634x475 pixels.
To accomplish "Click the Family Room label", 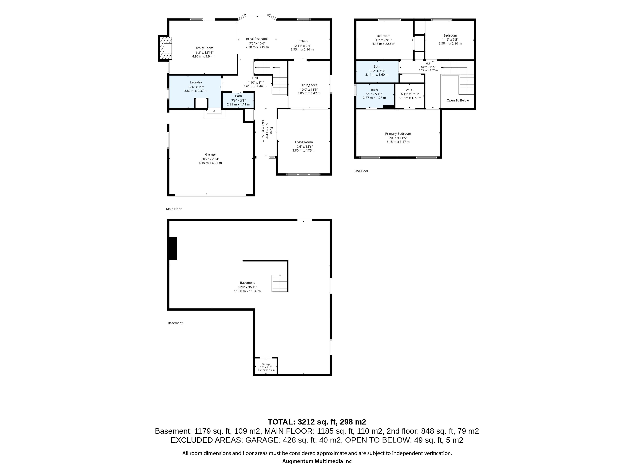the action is click(x=204, y=48).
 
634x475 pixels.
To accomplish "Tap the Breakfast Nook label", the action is click(x=257, y=39).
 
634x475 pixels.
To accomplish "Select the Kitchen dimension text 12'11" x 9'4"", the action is click(x=302, y=46).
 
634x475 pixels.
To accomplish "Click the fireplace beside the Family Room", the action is click(x=165, y=48).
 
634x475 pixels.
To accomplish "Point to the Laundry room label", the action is click(x=196, y=82).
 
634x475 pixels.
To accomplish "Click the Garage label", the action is click(x=210, y=155).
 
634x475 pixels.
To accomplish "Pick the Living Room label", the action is click(x=304, y=142).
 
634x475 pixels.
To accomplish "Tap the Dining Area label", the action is click(x=309, y=85).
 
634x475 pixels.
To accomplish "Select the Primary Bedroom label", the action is click(x=398, y=134).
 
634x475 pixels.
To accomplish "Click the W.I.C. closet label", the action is click(x=410, y=90).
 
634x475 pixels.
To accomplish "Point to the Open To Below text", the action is click(x=458, y=100).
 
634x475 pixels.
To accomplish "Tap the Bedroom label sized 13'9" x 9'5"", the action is click(x=384, y=36).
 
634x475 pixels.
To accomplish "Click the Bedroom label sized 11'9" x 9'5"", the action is click(x=450, y=35).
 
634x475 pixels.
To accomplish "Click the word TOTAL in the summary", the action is click(x=281, y=422).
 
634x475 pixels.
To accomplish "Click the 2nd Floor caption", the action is click(x=361, y=171).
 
